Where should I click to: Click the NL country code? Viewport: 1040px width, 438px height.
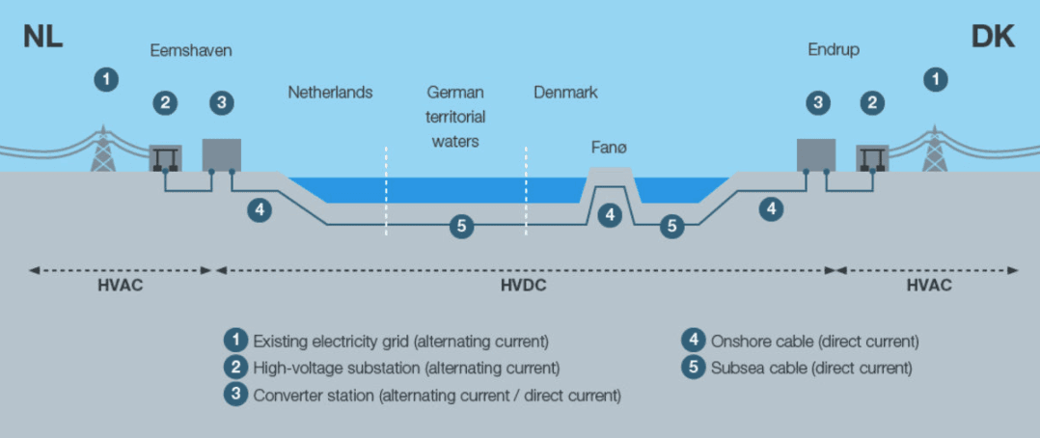pos(43,38)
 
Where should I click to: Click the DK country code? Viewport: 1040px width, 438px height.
pos(993,38)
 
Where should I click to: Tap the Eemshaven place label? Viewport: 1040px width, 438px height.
pos(191,50)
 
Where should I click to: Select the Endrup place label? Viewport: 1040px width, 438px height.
pos(835,50)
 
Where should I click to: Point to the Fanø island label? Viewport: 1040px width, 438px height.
pos(610,148)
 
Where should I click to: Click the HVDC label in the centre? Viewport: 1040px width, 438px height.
pos(525,286)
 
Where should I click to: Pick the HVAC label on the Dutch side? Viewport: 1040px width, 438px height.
pos(120,286)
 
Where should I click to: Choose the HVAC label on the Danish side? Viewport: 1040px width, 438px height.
pos(929,286)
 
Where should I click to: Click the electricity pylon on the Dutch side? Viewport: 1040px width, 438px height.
pos(102,150)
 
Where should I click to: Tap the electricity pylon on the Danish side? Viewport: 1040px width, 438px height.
pos(934,150)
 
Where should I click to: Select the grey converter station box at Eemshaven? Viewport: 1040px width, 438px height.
pos(221,155)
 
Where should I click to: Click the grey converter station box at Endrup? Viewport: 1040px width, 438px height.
pos(815,155)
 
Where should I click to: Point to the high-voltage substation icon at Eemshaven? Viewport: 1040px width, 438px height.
pos(166,158)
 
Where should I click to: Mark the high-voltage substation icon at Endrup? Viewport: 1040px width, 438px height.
pos(872,158)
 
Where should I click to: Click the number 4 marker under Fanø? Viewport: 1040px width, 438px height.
pos(609,215)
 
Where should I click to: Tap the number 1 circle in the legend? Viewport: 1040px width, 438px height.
pos(234,341)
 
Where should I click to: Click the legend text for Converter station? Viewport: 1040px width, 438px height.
pos(436,396)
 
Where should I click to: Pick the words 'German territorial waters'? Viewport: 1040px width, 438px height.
pos(455,117)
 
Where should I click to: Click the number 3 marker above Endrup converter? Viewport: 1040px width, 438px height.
pos(818,102)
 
